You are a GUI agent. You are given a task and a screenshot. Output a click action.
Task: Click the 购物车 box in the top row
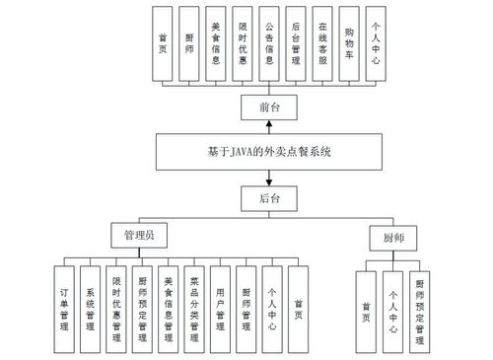coord(350,44)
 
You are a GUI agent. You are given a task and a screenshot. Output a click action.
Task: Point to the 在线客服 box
coord(322,44)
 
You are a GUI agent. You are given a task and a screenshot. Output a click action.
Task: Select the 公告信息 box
coord(269,44)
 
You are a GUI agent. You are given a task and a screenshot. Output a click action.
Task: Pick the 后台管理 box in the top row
coord(296,44)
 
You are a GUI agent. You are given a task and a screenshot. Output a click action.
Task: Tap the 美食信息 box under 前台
coord(215,44)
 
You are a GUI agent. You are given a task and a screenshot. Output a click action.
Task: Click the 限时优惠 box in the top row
coord(243,44)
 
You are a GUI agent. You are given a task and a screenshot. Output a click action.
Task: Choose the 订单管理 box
coord(64,308)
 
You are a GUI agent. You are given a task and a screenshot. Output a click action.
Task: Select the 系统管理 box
coord(91,308)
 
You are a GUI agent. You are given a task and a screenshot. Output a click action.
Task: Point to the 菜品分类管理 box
coord(196,308)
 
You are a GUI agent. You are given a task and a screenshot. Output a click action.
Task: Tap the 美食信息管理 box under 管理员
coord(170,308)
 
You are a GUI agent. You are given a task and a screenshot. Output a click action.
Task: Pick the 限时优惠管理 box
coord(117,308)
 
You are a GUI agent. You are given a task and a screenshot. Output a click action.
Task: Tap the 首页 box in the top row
coord(163,44)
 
